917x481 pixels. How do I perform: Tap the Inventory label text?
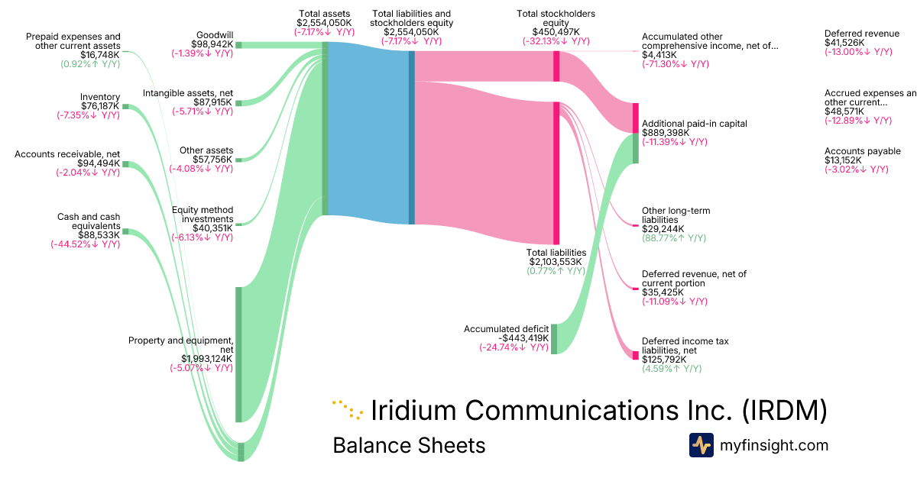(x=100, y=97)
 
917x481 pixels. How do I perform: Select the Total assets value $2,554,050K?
(x=325, y=23)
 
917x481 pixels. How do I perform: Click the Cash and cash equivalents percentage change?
(x=85, y=244)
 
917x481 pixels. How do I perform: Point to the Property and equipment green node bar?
(x=238, y=354)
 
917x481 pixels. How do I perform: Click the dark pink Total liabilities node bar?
(x=556, y=173)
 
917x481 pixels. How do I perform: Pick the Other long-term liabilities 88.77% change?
(x=673, y=238)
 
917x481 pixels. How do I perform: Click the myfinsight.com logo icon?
(x=701, y=445)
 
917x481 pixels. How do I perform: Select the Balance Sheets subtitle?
(x=409, y=445)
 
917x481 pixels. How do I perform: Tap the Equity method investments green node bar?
(x=238, y=224)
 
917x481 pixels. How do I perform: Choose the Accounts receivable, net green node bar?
(x=126, y=164)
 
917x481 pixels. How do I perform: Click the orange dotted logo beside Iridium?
(x=348, y=410)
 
